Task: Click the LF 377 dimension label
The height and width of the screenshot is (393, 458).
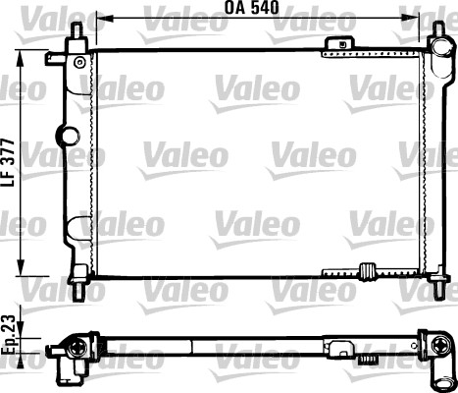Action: pyautogui.click(x=9, y=163)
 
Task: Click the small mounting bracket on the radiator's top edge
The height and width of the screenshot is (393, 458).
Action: pyautogui.click(x=339, y=42)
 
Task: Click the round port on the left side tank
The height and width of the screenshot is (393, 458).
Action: pyautogui.click(x=68, y=135)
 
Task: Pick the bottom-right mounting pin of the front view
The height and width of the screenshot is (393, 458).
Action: pyautogui.click(x=435, y=288)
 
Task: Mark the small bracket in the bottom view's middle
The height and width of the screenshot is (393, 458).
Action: pyautogui.click(x=341, y=346)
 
